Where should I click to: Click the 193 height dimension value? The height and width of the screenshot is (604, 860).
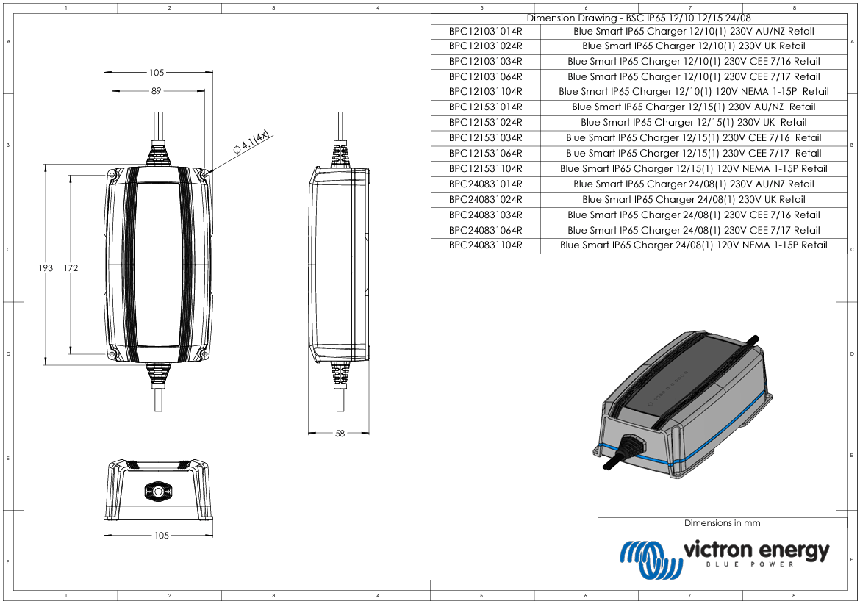click(46, 268)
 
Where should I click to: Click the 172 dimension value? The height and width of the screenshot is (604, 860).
click(71, 268)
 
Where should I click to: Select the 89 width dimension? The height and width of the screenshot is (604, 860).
click(156, 91)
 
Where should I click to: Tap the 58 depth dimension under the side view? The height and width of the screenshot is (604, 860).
click(340, 434)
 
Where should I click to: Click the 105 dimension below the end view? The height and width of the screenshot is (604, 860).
click(162, 536)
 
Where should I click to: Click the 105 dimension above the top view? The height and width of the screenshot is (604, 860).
click(157, 73)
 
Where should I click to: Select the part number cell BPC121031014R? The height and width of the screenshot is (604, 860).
click(485, 32)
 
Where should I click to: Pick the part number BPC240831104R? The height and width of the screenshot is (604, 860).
click(485, 245)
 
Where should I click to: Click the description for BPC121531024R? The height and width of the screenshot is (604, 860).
click(693, 123)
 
